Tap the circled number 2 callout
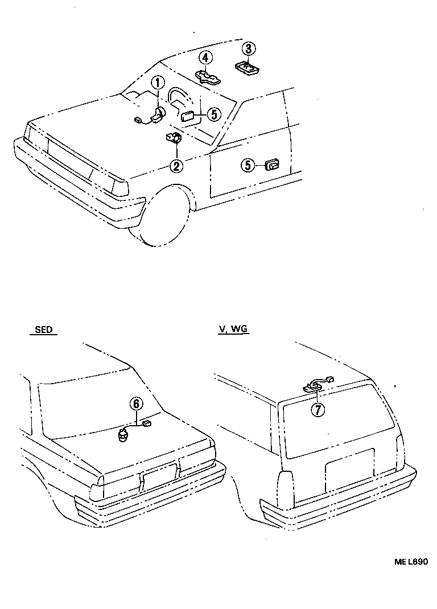click(177, 166)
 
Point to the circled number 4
click(206, 57)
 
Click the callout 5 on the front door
click(248, 165)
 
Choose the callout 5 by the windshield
click(213, 114)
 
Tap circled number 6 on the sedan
click(135, 404)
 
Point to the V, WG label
click(233, 330)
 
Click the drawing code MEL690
click(411, 561)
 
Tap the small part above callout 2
click(173, 138)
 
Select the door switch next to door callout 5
click(271, 165)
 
